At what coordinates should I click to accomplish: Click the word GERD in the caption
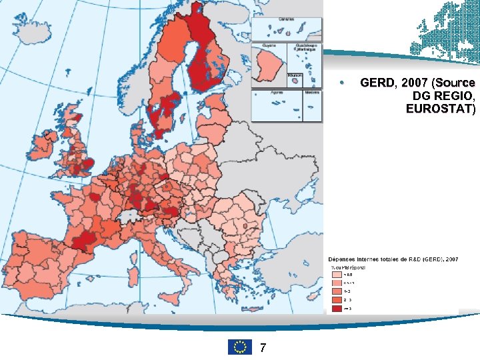(x=377, y=83)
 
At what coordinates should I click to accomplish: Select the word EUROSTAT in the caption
(x=441, y=109)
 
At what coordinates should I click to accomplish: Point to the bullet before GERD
(x=341, y=83)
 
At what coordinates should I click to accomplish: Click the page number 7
(x=263, y=347)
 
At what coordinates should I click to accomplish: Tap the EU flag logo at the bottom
(x=239, y=347)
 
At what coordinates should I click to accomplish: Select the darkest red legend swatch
(x=337, y=309)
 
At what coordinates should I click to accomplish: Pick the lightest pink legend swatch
(x=337, y=274)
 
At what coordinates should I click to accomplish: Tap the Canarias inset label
(x=287, y=19)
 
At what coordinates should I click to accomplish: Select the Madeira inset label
(x=311, y=93)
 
